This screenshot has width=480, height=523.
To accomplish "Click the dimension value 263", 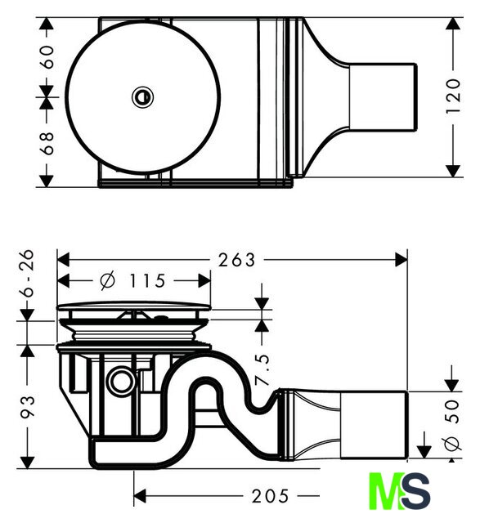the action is click(x=236, y=260).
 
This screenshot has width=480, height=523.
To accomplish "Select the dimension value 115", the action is click(x=147, y=281).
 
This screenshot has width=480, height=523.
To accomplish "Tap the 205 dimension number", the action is click(x=270, y=496).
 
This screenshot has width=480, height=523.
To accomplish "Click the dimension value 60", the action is click(x=47, y=57).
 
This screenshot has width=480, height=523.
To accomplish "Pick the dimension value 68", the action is click(x=47, y=143).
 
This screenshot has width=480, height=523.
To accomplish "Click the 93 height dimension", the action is click(x=28, y=407).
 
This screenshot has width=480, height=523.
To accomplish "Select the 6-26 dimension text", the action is click(x=27, y=273).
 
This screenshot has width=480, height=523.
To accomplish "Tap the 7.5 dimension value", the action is click(x=262, y=369).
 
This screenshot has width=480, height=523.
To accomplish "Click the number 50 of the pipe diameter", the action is click(x=453, y=411).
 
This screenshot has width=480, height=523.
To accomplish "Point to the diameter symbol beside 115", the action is click(x=108, y=281).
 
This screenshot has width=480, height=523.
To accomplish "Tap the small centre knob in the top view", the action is click(x=142, y=97).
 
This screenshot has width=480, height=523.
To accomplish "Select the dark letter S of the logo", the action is click(x=415, y=491).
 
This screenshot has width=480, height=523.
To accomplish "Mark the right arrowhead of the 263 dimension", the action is click(x=401, y=260).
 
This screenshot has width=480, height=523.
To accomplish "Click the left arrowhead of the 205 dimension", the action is click(x=140, y=496).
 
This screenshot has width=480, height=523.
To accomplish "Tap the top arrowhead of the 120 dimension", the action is click(x=453, y=24).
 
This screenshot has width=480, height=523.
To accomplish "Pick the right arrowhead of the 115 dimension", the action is click(x=204, y=280).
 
